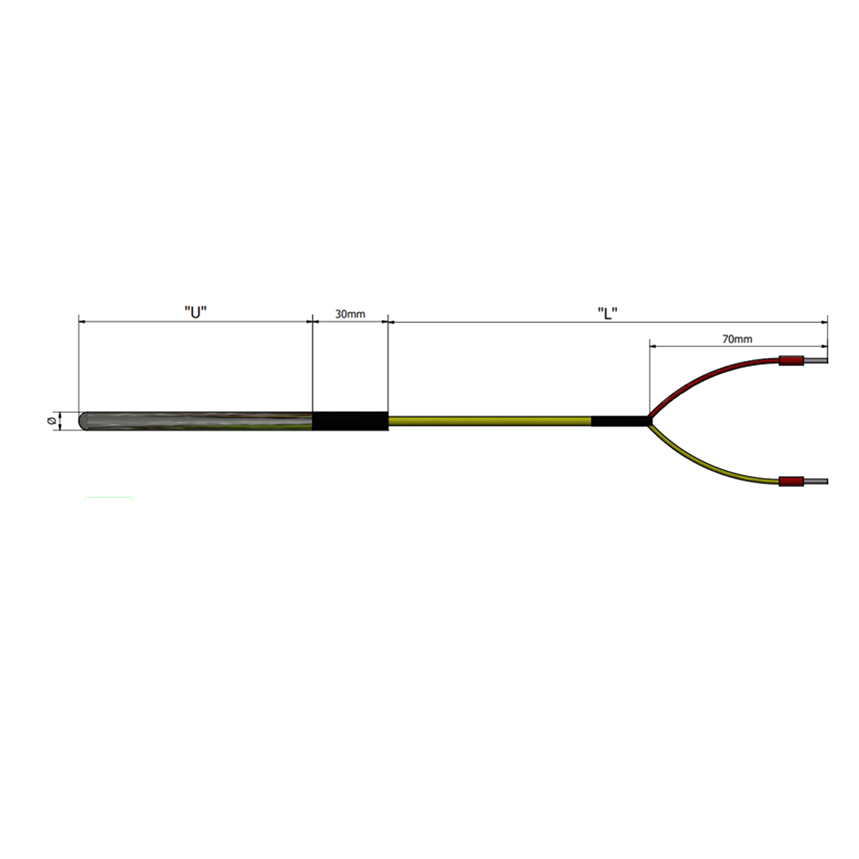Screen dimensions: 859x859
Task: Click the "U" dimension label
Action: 196,313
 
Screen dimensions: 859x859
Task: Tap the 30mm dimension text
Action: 350,314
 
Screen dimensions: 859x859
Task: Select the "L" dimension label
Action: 607,314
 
